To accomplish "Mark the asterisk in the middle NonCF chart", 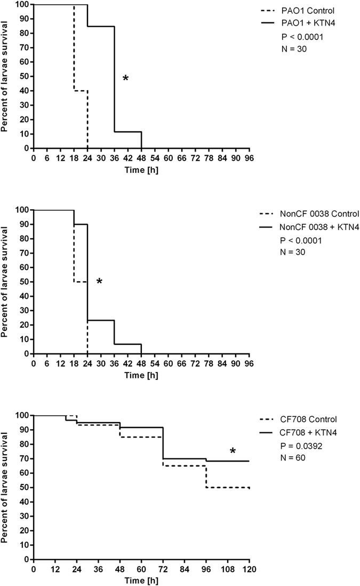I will [x=99, y=281].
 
